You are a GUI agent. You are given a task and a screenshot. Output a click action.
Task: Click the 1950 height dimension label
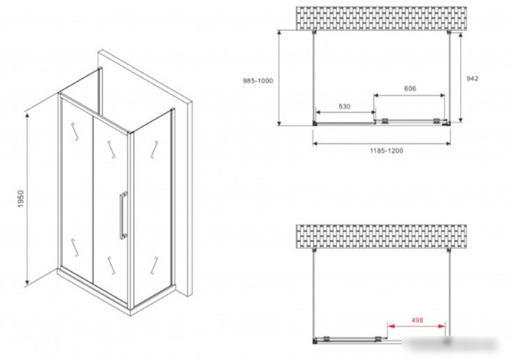coord(21,199)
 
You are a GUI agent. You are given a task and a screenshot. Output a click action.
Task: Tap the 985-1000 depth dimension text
coord(258,81)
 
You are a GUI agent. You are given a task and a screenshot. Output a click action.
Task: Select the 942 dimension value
coord(472,78)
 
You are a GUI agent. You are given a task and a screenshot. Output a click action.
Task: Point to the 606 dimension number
coord(410,88)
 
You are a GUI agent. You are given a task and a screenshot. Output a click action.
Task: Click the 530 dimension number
coord(345,107)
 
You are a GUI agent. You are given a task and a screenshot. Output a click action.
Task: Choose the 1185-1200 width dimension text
coord(386,150)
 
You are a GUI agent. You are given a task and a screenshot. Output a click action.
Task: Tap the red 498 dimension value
coord(417,321)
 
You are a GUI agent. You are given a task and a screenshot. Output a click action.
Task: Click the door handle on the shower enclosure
coord(123,216)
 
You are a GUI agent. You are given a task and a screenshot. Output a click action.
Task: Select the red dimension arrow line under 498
coord(416,326)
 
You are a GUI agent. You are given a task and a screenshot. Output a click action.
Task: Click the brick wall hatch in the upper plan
coord(381,18)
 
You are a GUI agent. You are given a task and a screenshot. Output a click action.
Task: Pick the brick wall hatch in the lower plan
coord(381,237)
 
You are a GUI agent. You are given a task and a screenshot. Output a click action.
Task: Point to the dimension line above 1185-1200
coord(382,143)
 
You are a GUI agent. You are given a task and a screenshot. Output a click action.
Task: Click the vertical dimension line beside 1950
coord(28,199)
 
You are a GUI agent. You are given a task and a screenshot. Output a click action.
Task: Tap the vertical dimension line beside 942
coord(461,77)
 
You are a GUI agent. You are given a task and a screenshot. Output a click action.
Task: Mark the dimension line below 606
coord(410,96)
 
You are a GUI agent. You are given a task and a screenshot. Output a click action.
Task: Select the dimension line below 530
coord(346,112)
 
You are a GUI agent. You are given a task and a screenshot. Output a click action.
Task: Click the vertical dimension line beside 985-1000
coord(279,77)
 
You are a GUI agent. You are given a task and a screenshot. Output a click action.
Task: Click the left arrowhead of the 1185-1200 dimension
coord(315,143)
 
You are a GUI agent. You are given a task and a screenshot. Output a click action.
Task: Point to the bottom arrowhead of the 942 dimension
coord(461,120)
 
